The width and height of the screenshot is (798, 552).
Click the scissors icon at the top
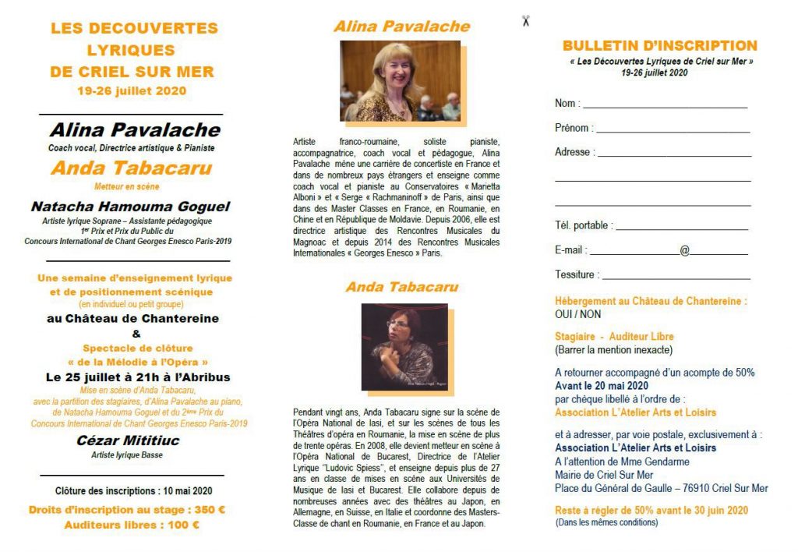526,21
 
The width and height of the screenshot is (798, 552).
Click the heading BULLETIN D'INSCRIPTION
659,46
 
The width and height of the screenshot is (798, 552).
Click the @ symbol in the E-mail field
684,251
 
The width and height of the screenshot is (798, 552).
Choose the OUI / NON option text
578,314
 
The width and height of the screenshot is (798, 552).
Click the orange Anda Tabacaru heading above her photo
401,287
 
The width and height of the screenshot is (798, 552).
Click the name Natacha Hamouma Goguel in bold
130,207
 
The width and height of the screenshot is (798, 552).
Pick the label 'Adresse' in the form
574,152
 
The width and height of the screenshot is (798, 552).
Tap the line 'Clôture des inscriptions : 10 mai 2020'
133,491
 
